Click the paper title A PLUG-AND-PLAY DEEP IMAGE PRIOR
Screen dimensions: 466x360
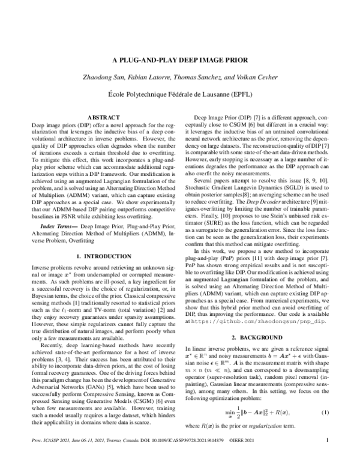click(x=180, y=61)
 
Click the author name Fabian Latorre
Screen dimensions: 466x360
click(x=163, y=78)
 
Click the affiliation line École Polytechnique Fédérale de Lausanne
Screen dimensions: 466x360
click(x=180, y=94)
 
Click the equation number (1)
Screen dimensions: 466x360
click(x=325, y=429)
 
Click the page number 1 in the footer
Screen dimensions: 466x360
click(x=327, y=456)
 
